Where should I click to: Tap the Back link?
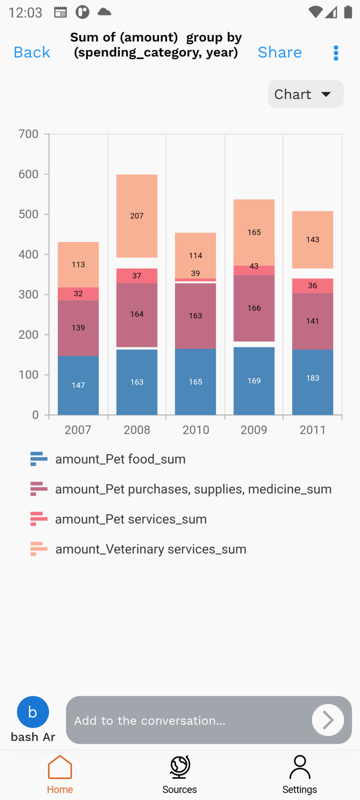[32, 52]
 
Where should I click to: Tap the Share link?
[279, 52]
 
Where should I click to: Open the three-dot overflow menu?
[336, 53]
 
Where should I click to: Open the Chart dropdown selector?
[306, 94]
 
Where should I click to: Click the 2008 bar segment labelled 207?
[137, 216]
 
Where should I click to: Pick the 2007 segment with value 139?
[78, 328]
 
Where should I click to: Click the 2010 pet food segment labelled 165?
[195, 381]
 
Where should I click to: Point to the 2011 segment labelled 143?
[313, 239]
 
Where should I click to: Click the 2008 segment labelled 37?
[137, 276]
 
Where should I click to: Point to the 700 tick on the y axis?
[29, 134]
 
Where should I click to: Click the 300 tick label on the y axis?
[29, 295]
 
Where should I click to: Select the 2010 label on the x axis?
[195, 430]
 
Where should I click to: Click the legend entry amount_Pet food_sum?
[120, 459]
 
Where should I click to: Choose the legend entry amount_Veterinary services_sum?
[150, 549]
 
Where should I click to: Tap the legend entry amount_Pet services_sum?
[131, 519]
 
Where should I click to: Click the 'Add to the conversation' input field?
[187, 720]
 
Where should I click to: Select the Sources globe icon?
[180, 767]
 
